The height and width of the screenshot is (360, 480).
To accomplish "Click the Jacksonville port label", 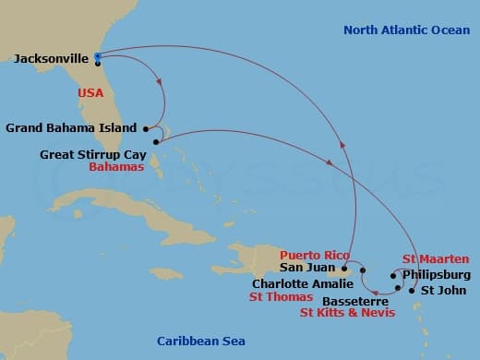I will coord(51,60).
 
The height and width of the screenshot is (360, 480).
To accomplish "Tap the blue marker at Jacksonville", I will coord(98,56).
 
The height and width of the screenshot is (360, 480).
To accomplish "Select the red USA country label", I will coord(90,93).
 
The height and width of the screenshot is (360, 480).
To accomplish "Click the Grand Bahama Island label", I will coord(70,127).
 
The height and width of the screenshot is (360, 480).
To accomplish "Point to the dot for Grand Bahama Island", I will coord(146,128).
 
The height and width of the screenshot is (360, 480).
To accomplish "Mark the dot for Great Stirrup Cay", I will coord(157,141).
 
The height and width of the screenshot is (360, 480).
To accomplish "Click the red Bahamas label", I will coord(117,168).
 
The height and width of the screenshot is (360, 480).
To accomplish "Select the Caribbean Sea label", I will coord(199,341).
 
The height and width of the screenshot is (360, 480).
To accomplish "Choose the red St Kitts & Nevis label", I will coord(348,313).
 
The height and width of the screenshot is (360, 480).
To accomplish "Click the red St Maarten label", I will coord(433,259).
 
